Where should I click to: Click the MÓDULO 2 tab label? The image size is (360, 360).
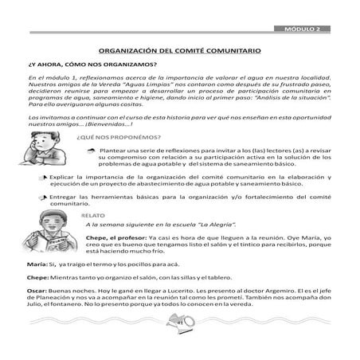point(307,29)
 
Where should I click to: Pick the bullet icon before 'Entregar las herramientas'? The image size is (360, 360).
point(41,195)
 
